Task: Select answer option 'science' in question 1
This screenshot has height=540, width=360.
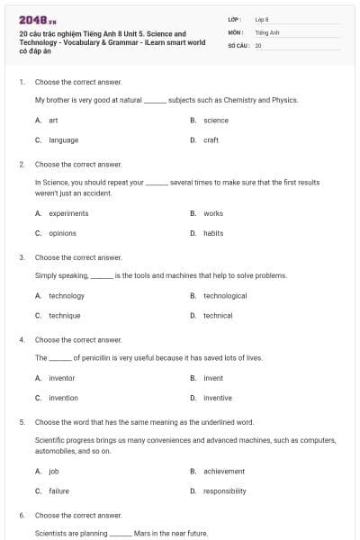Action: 215,120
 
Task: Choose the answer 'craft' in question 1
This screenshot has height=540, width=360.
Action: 211,139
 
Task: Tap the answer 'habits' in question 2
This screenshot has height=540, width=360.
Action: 213,233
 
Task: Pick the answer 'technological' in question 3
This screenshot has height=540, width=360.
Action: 225,295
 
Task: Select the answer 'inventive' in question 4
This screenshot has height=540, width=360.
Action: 217,398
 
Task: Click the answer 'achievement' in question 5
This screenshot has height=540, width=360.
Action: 223,471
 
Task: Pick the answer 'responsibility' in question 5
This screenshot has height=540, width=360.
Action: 224,490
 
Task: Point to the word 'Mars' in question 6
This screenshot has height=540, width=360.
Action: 142,533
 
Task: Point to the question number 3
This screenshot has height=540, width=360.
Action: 22,257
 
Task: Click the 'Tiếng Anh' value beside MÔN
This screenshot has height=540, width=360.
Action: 263,31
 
